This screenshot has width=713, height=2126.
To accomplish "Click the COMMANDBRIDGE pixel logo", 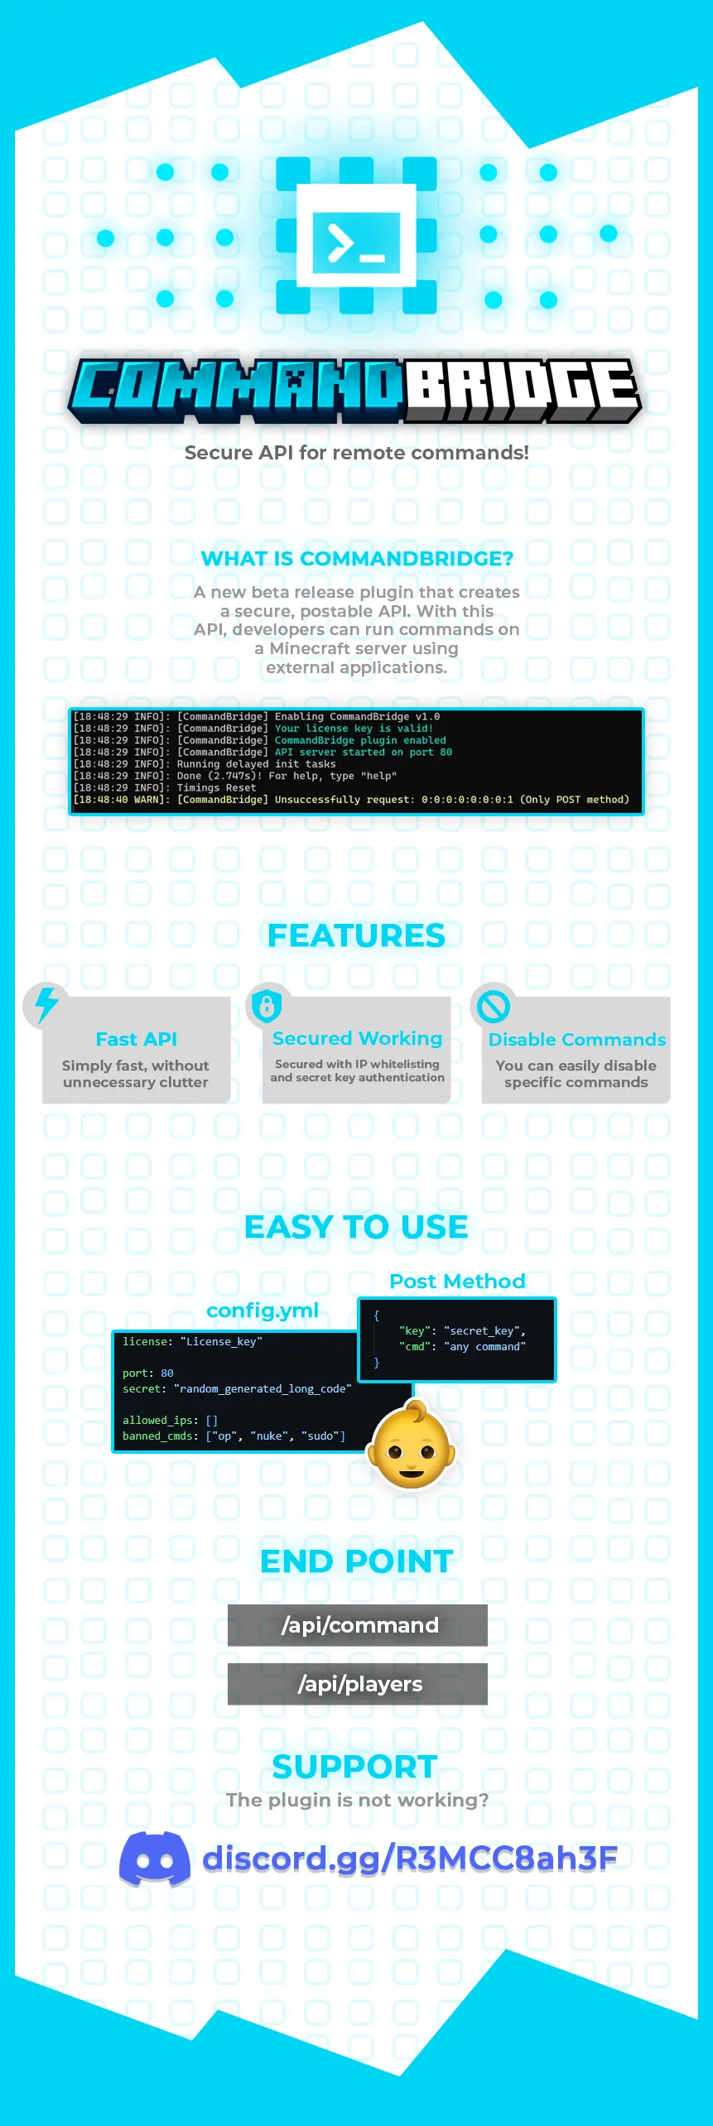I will tap(355, 390).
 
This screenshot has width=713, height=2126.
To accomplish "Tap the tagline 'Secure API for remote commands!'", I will tap(356, 453).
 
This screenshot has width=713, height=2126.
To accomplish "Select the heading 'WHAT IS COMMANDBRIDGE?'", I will tap(357, 559).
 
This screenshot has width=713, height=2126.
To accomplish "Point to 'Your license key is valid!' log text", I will tap(354, 729).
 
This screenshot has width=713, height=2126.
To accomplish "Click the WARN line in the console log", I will tap(351, 800).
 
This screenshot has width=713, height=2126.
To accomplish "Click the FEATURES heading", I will tap(356, 936).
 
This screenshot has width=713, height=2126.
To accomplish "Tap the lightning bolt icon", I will tap(46, 1004).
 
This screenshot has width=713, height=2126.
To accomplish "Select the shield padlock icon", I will tap(267, 1006).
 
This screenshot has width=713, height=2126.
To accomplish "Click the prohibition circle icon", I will tap(493, 1006).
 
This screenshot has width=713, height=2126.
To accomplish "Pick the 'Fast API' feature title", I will tap(137, 1039).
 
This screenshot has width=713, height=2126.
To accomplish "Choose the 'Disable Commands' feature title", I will tap(577, 1039).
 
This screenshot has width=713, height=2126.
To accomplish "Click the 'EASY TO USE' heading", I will tap(356, 1227).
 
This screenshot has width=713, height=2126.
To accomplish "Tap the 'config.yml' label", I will tap(263, 1311).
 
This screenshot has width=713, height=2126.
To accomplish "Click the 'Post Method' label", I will tap(457, 1282).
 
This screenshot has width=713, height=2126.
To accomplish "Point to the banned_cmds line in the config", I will tap(234, 1436).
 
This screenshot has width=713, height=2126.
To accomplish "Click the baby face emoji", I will tap(412, 1445).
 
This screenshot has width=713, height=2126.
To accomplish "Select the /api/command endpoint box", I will tap(358, 1625).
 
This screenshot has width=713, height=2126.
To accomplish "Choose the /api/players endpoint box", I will tap(358, 1684).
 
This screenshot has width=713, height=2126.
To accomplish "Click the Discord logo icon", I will tap(155, 1859).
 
